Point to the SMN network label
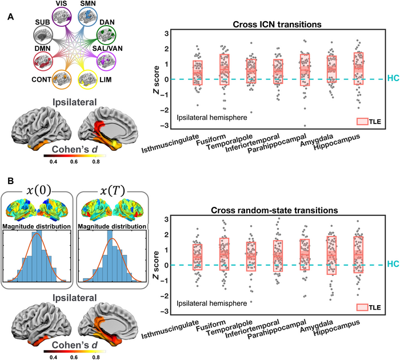point(103,4)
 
